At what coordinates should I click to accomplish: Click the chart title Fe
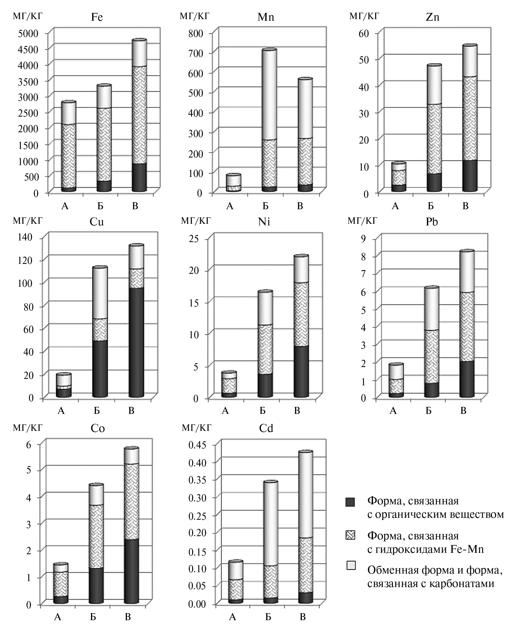tap(97, 17)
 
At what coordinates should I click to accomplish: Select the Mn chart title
tap(266, 17)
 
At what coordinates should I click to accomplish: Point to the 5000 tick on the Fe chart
tap(28, 33)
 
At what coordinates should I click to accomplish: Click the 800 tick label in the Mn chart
tap(196, 33)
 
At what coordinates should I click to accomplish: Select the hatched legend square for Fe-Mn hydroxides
tap(351, 535)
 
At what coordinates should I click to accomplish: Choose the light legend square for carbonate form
tap(351, 566)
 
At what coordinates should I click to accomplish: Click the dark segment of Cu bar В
tap(136, 342)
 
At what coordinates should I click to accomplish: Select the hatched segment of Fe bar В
tap(139, 115)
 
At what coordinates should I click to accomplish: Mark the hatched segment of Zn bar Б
tap(434, 139)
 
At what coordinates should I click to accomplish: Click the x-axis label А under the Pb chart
tap(393, 411)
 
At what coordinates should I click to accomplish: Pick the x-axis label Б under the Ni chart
tap(263, 411)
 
